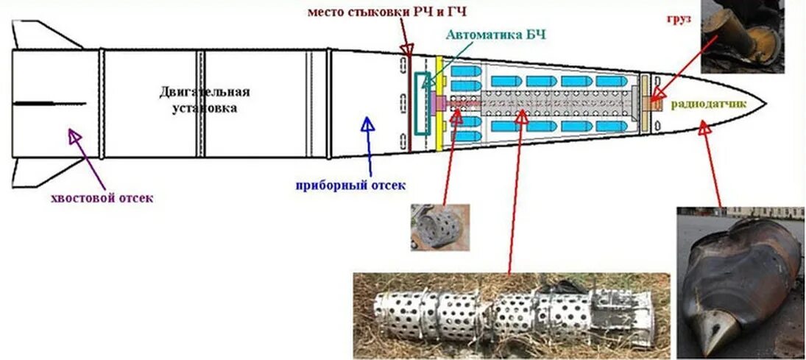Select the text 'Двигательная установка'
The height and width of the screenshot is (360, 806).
click(x=205, y=99)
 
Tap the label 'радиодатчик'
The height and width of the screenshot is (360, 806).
click(x=707, y=104)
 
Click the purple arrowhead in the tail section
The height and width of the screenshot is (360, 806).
click(x=74, y=135)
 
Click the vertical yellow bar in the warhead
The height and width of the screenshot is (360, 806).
click(x=440, y=103)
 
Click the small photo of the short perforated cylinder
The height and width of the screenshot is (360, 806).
click(x=439, y=226)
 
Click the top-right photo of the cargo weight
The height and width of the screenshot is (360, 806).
click(x=742, y=36)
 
